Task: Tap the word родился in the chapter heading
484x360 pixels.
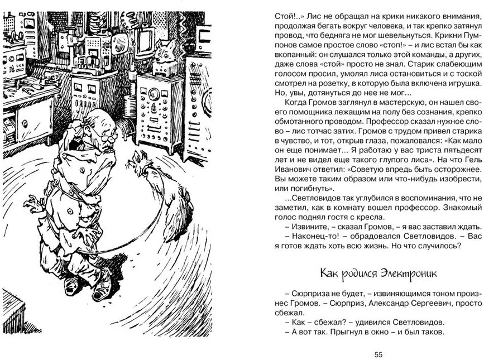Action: (357, 273)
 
